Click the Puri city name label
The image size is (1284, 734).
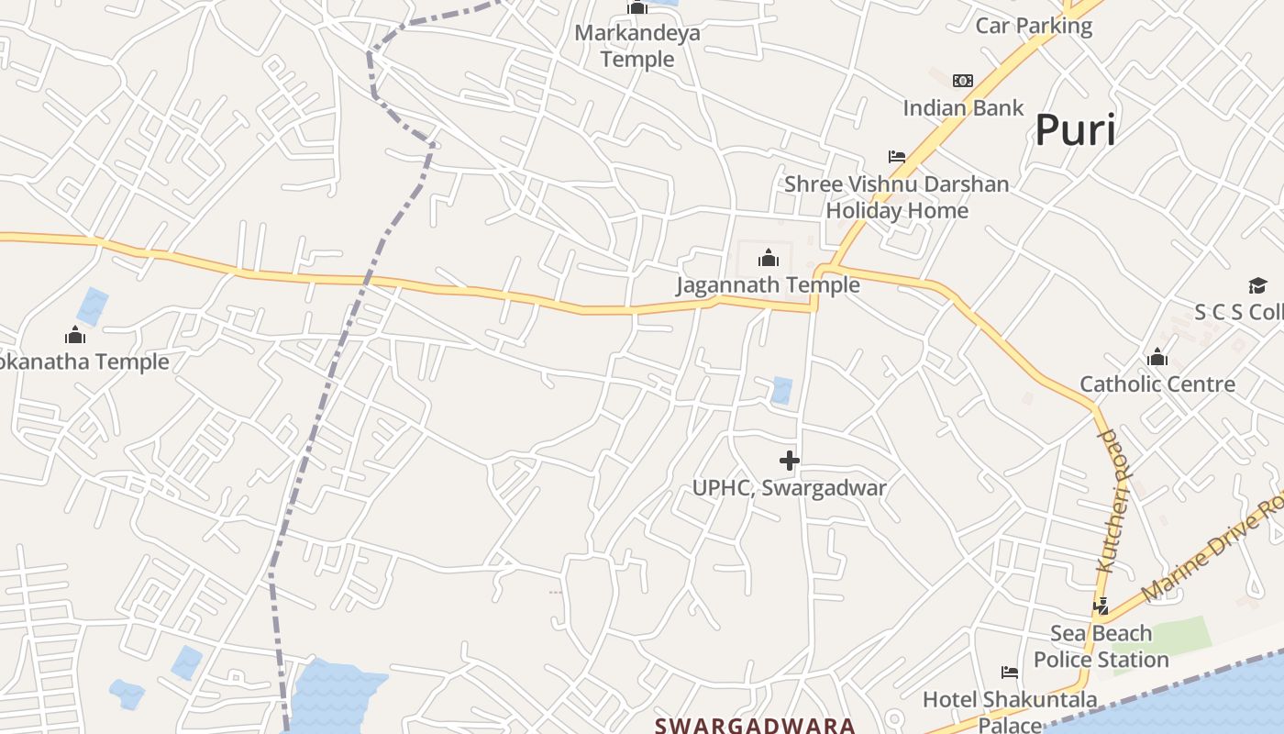[1075, 130]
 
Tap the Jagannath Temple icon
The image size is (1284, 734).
[769, 258]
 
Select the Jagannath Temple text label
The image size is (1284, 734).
[769, 285]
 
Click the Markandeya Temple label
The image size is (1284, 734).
[637, 46]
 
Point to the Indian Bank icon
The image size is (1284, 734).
[963, 81]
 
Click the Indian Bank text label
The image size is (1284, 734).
[963, 108]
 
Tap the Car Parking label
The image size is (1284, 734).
[1034, 26]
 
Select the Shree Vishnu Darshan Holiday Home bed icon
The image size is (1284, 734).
[897, 157]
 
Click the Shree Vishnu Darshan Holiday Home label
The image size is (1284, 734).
[897, 197]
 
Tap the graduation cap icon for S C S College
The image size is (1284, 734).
[1256, 286]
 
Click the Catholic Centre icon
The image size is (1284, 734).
[1157, 357]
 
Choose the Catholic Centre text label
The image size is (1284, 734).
[1157, 384]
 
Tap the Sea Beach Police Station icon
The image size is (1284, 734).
[1101, 606]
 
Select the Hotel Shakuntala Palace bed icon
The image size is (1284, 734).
[1010, 673]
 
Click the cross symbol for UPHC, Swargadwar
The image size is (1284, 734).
[789, 461]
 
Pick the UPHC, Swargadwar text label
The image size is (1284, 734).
[789, 488]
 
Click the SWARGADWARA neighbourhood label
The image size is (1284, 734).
[755, 726]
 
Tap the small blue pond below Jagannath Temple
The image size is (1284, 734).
[781, 390]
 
